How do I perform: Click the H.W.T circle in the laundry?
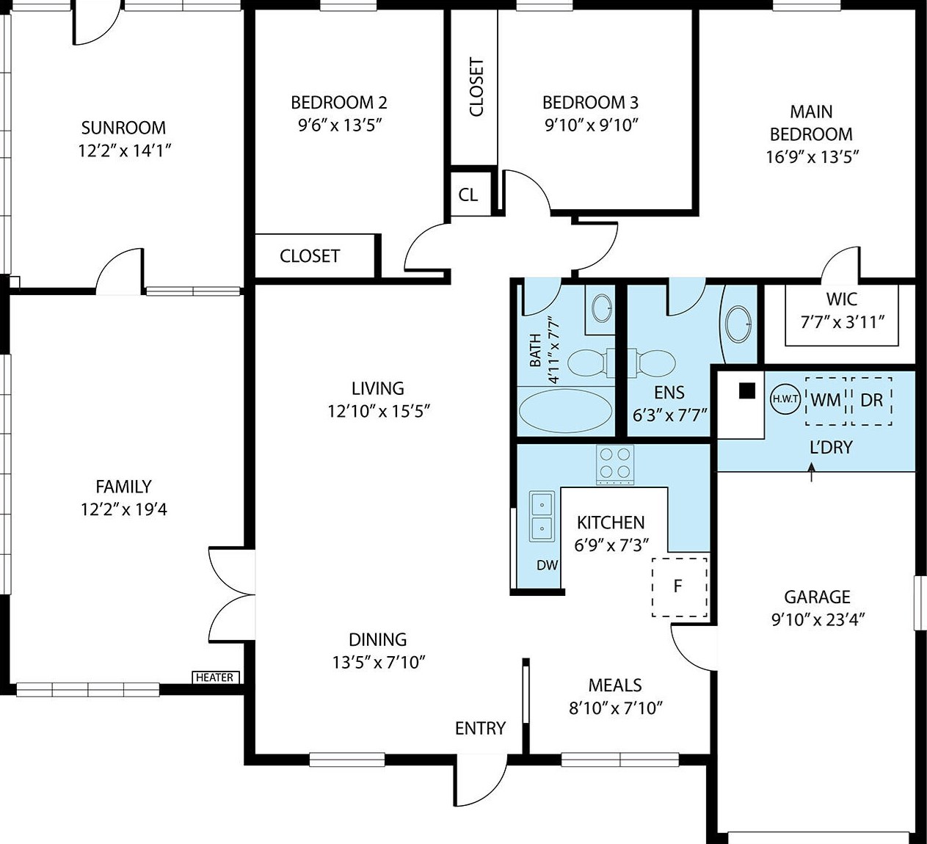click(x=785, y=399)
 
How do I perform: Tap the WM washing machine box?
click(x=826, y=401)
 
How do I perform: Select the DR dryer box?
click(x=871, y=401)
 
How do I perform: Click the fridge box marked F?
click(x=680, y=587)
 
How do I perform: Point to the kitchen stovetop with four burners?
click(x=614, y=465)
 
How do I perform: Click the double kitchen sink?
click(x=542, y=516)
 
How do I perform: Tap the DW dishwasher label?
click(x=547, y=565)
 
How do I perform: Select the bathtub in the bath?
click(x=566, y=411)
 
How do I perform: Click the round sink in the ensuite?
click(x=738, y=324)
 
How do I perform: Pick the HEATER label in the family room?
click(x=215, y=677)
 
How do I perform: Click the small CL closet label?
click(x=468, y=194)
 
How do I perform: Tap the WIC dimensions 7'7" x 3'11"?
click(x=843, y=321)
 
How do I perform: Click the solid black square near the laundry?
click(x=747, y=390)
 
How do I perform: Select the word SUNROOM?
click(x=123, y=128)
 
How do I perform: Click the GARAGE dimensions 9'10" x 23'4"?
click(x=818, y=619)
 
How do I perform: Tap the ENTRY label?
click(x=480, y=729)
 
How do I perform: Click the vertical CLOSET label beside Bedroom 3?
click(x=476, y=87)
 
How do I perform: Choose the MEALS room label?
click(x=615, y=685)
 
